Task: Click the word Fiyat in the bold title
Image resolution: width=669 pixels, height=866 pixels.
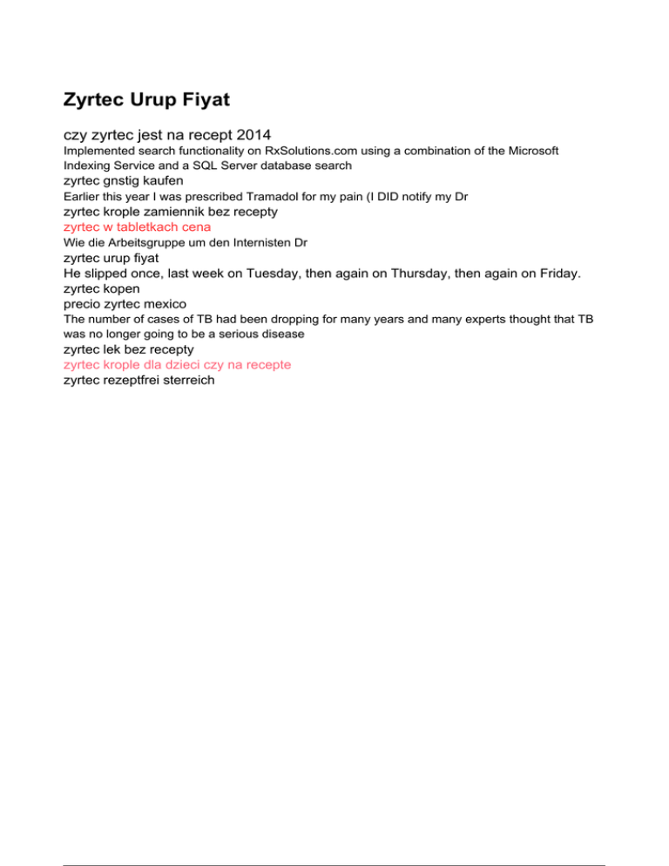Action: (202, 100)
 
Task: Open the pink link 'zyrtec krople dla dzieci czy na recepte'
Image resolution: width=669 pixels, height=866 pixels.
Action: (177, 364)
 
